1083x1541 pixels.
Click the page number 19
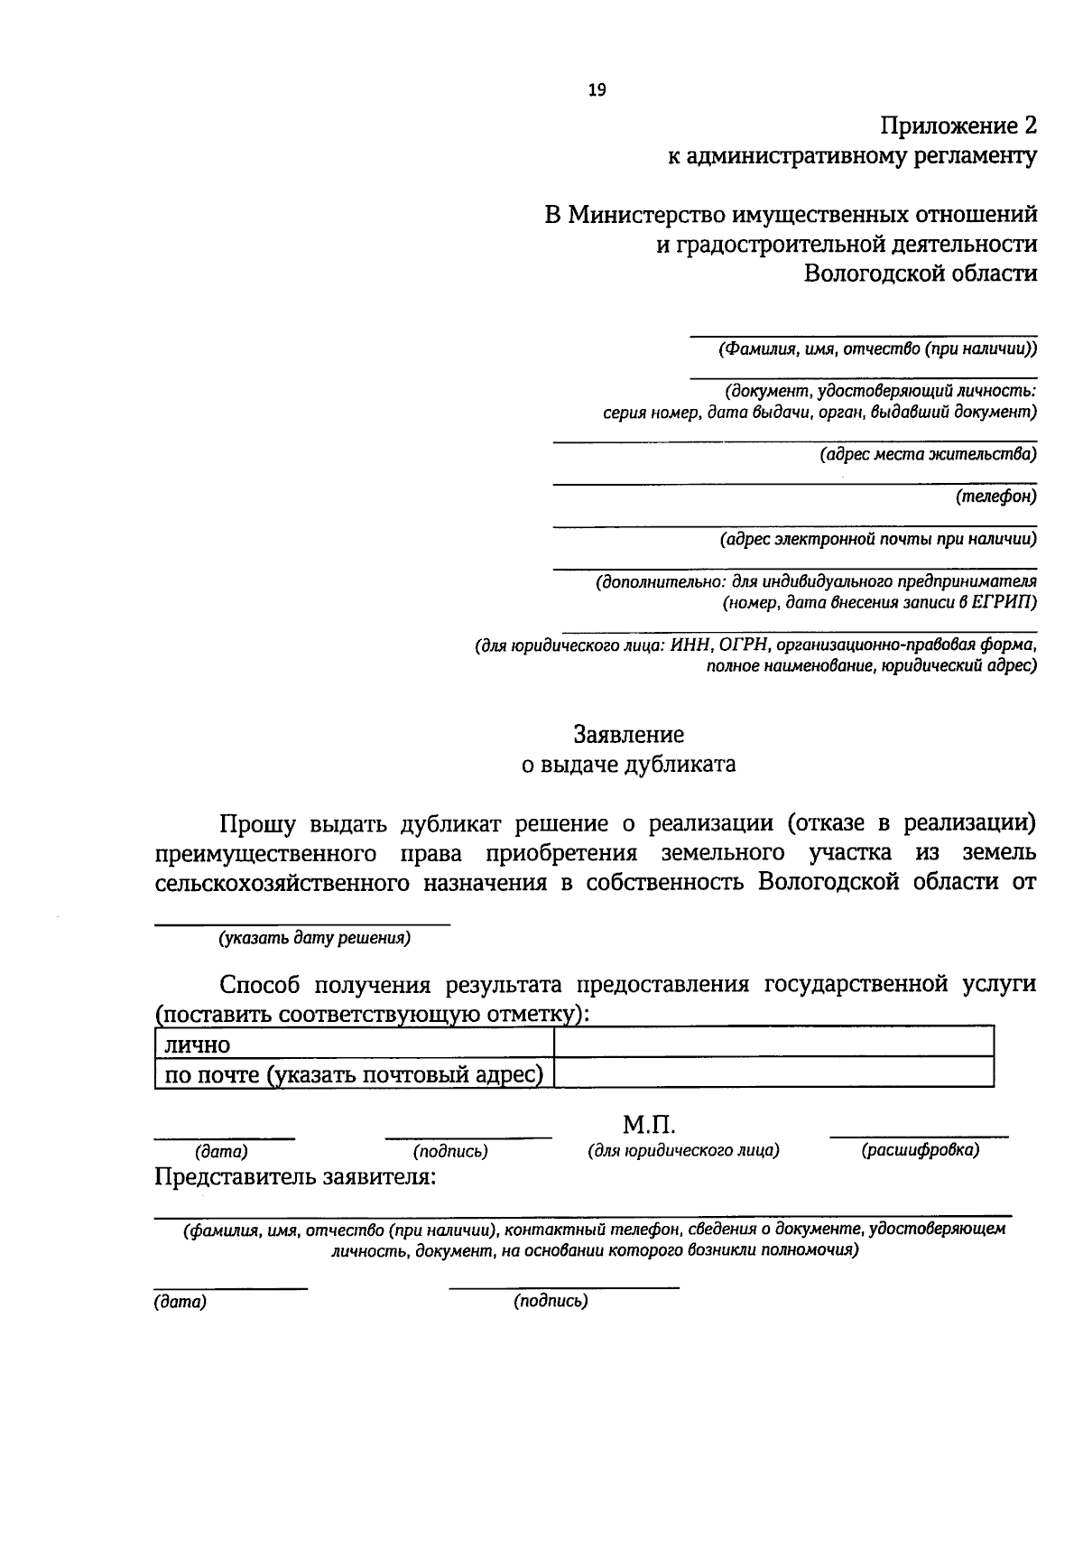[x=597, y=89]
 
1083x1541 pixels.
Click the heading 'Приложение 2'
[x=958, y=125]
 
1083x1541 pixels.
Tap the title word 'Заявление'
[x=629, y=735]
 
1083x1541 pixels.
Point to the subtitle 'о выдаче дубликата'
[x=629, y=765]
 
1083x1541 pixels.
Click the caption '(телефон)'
[x=996, y=497]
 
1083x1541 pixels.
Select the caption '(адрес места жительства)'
[x=928, y=454]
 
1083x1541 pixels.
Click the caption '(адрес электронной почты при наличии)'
[x=878, y=540]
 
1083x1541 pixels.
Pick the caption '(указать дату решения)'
[x=314, y=938]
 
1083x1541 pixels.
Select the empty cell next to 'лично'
[x=773, y=1043]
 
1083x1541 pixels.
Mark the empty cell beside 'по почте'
[x=773, y=1073]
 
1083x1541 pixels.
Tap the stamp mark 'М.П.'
[x=649, y=1125]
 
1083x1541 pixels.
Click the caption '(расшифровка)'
[x=920, y=1150]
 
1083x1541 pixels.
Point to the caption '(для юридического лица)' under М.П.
[x=683, y=1150]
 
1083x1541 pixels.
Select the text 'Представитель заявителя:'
[x=296, y=1177]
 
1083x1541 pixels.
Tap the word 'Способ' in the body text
[x=259, y=983]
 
